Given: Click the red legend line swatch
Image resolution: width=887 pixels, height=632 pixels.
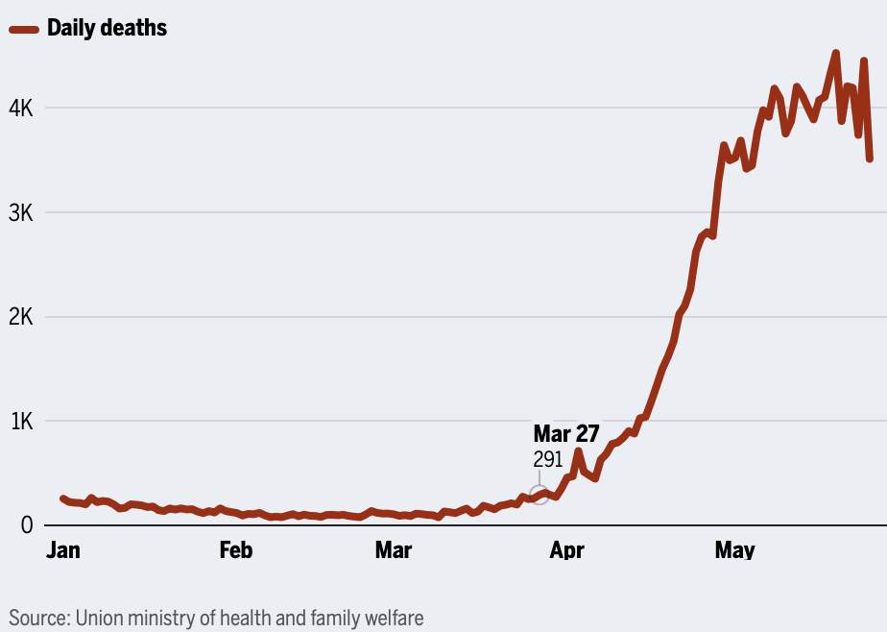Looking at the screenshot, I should click(x=25, y=29).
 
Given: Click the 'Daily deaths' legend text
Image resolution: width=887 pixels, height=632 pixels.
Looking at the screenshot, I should click(x=107, y=29).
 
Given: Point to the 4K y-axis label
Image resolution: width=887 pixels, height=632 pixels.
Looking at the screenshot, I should click(x=21, y=109).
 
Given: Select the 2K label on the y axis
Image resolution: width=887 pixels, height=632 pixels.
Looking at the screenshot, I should click(x=21, y=317).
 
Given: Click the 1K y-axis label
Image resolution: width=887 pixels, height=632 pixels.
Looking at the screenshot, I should click(x=21, y=421).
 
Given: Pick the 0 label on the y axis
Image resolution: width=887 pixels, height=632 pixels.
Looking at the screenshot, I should click(x=27, y=525).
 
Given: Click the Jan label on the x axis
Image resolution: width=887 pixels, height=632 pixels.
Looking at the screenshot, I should click(x=63, y=550).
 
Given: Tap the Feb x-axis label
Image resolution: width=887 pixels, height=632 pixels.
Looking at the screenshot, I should click(x=236, y=550).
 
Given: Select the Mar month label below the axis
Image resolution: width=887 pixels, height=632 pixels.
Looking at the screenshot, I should click(x=393, y=550).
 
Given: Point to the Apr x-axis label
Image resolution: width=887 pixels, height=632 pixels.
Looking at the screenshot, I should click(x=566, y=550).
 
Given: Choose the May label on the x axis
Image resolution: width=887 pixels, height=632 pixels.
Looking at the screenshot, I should click(x=735, y=550).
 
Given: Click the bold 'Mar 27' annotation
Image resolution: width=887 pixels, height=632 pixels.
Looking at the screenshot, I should click(x=566, y=433).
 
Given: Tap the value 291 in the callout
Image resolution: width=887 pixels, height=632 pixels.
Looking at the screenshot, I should click(x=548, y=459).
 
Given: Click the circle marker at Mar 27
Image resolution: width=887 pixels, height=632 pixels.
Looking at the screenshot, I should click(x=539, y=496).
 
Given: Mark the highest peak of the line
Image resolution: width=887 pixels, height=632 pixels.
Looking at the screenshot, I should click(x=835, y=54).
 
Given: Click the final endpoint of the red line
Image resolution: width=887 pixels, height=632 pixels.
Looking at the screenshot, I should click(x=870, y=158).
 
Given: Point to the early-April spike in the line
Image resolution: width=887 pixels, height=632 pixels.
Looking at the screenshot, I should click(x=578, y=450).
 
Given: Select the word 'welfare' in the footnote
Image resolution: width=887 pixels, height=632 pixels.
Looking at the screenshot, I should click(x=392, y=617).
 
